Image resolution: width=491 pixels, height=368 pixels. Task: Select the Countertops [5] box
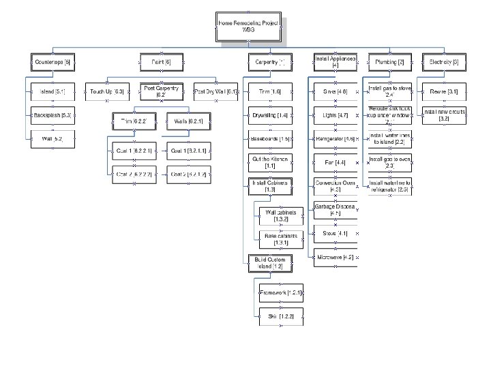(x=52, y=62)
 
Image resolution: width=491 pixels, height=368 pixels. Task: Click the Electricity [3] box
(x=445, y=62)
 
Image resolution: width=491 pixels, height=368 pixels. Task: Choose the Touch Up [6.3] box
(x=106, y=91)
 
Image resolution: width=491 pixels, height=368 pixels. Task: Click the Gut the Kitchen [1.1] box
(x=270, y=162)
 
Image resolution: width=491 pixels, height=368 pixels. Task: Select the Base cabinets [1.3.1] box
(x=280, y=239)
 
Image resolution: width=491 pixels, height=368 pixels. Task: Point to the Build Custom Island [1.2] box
(x=270, y=262)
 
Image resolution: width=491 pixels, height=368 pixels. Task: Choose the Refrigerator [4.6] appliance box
(x=334, y=139)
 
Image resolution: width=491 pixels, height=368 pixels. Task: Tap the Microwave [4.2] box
(x=334, y=257)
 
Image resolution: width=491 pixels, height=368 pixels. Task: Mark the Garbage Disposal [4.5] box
(x=334, y=209)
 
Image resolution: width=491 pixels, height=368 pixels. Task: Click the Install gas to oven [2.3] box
(x=389, y=162)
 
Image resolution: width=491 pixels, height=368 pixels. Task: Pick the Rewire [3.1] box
(x=445, y=91)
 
